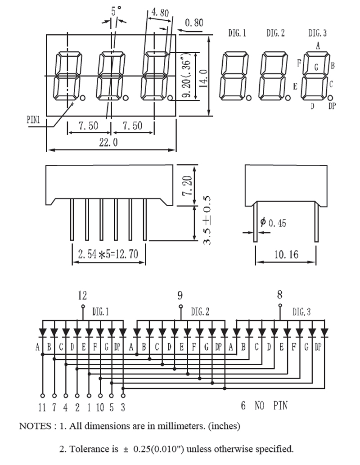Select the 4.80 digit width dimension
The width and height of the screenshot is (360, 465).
(160, 13)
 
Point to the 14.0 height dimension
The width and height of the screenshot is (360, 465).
(203, 77)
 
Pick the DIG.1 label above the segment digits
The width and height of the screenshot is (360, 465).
(237, 33)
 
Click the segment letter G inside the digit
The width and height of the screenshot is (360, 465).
(316, 68)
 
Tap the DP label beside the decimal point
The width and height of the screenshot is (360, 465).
(332, 106)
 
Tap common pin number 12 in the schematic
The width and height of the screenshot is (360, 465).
(82, 296)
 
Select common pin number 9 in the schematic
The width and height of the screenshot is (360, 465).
(180, 296)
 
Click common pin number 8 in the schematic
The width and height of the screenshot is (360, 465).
(280, 295)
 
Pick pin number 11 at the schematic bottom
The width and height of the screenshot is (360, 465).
(42, 408)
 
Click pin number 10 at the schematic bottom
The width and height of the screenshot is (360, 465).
(100, 408)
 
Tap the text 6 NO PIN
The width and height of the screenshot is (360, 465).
(264, 406)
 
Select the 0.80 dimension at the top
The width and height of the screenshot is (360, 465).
(194, 23)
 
